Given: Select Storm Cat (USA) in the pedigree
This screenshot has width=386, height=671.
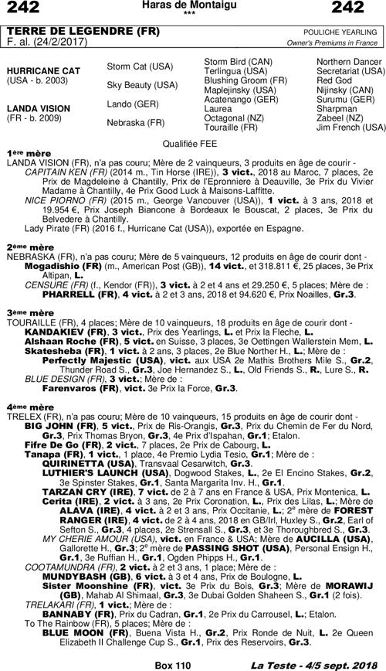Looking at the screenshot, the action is click(x=139, y=66).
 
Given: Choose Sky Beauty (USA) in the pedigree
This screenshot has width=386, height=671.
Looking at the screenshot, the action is click(x=141, y=85).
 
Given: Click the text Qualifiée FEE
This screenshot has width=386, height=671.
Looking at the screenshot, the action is click(x=192, y=144).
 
